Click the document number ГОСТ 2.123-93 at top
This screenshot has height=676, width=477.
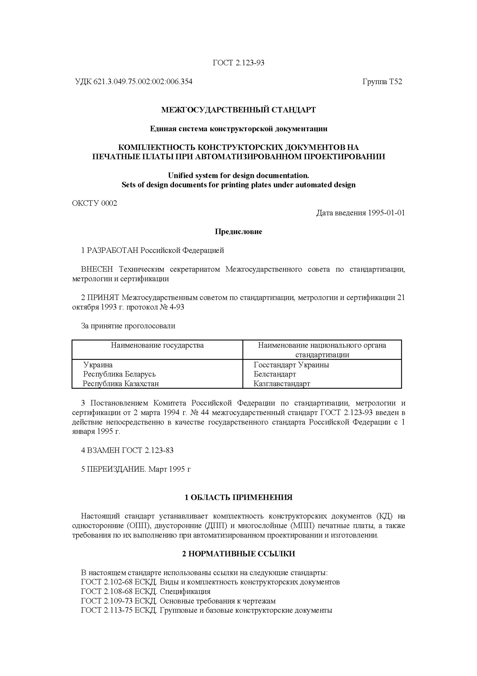tap(238, 63)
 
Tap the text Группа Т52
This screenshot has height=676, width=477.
tap(382, 82)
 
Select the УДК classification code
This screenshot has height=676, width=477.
tap(134, 82)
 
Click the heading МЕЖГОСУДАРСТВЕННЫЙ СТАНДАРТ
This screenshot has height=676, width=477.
tap(238, 110)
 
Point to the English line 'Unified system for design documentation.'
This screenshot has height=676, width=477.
tap(238, 175)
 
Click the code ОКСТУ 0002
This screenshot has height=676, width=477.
tap(95, 203)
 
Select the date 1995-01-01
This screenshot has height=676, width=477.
tap(386, 213)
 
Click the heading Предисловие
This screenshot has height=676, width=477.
tap(238, 232)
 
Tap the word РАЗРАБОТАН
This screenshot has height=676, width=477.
tap(113, 250)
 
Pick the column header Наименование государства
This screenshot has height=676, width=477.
tap(157, 345)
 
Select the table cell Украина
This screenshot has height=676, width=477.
tap(98, 365)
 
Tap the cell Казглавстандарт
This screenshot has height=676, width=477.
tap(282, 384)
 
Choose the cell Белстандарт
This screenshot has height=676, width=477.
tap(275, 374)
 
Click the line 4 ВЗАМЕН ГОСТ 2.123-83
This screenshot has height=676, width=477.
tap(127, 450)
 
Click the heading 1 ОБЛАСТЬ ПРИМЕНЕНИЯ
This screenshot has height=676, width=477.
tap(238, 497)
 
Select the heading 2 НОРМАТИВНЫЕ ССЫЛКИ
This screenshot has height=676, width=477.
tap(238, 554)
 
